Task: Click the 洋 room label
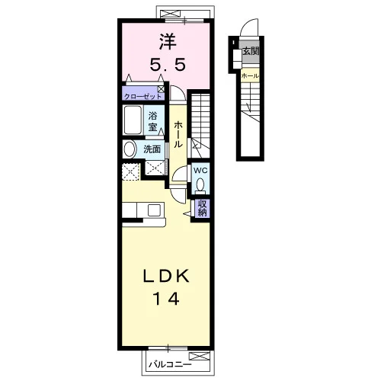(168, 42)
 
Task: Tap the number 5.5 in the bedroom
(168, 65)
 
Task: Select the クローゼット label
(142, 97)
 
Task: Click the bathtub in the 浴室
(133, 120)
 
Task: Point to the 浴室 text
(152, 122)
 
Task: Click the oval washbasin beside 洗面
(130, 149)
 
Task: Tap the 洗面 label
(152, 149)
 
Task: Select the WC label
(200, 171)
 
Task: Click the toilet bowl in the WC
(200, 184)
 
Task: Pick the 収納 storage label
(202, 208)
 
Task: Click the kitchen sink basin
(154, 210)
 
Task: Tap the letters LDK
(166, 276)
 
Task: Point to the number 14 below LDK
(166, 299)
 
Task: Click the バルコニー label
(170, 365)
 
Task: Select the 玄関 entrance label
(251, 51)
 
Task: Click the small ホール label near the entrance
(251, 75)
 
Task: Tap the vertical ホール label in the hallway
(178, 134)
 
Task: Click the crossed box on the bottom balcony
(200, 356)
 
